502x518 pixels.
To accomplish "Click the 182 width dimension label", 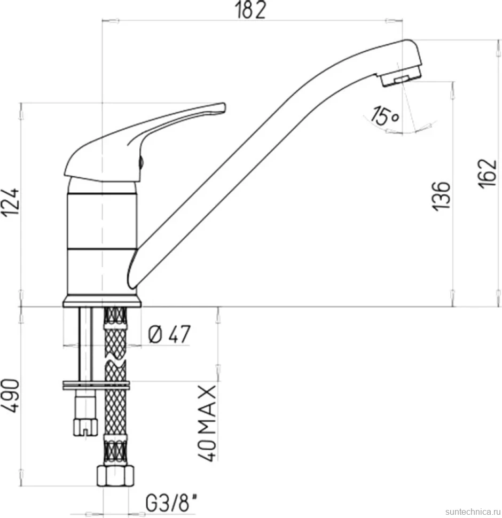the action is coord(250,11).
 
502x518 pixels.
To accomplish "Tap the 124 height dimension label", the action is coord(10,202).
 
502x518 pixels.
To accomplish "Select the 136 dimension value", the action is coord(441,195).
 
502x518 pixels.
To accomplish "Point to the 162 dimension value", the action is coord(488,174).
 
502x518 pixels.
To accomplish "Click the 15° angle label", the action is coord(385,116).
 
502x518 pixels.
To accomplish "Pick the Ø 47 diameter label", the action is coord(169,335).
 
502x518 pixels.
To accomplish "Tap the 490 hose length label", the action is coord(10,395).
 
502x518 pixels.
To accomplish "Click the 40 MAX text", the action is coord(207,423).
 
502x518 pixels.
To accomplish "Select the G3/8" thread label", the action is coord(172,504).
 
